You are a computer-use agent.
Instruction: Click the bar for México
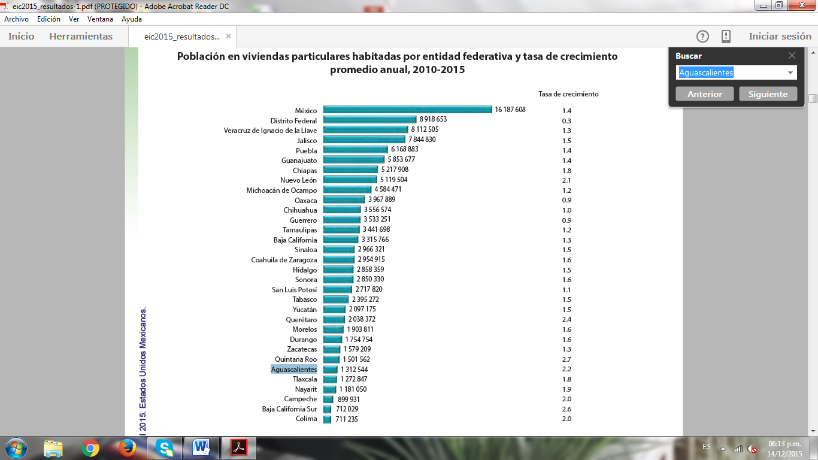pos(407,110)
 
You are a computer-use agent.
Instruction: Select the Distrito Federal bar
pos(369,120)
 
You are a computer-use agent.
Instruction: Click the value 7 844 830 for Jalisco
pos(422,140)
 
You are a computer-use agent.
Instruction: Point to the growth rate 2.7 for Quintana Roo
pos(566,359)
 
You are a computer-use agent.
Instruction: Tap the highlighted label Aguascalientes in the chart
pos(294,370)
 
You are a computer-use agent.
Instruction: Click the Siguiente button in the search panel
pos(768,94)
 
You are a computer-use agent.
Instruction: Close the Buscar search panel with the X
pos(792,56)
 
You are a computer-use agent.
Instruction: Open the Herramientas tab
pos(81,37)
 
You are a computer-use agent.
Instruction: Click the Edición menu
pos(49,19)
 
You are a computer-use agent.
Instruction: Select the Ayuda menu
pos(132,19)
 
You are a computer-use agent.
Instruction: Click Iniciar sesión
pos(780,37)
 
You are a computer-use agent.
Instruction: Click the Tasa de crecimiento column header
pos(568,94)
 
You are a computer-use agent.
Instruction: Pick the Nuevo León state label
pos(298,180)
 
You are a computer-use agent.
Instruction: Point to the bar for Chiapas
pos(350,170)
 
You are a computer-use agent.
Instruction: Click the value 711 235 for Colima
pos(347,419)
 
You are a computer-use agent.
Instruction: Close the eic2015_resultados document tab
pos(228,37)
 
